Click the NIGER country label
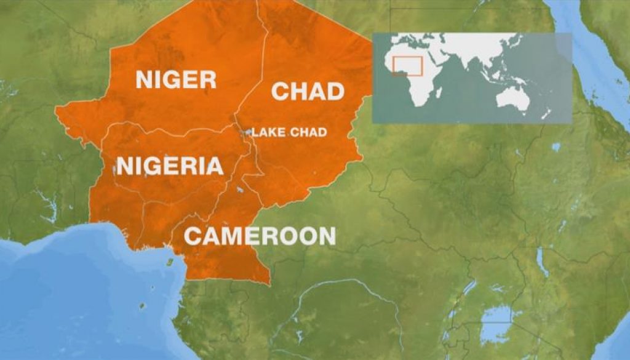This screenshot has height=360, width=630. tap(176, 79)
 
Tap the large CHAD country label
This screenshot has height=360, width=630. tap(308, 91)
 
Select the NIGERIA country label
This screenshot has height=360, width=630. tap(170, 166)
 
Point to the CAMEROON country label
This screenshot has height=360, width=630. tap(260, 236)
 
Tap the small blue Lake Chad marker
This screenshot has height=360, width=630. tap(247, 132)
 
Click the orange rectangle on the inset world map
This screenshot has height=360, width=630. tap(407, 66)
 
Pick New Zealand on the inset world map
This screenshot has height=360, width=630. tap(545, 114)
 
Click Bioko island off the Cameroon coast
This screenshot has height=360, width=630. tap(170, 261)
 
